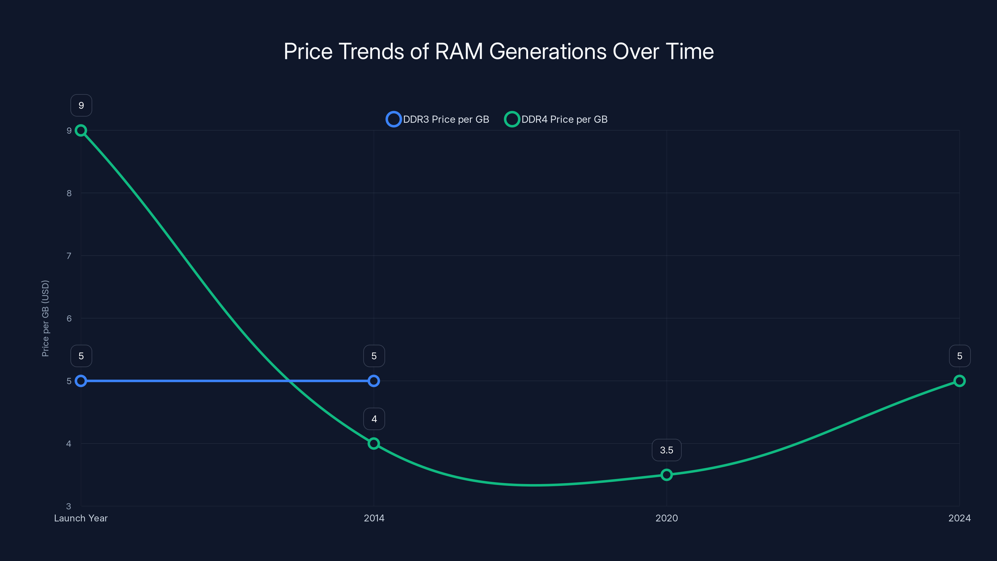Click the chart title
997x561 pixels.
coord(499,51)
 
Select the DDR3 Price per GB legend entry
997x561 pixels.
coord(438,119)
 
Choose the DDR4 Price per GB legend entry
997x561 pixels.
coord(556,119)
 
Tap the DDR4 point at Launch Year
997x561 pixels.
coord(81,131)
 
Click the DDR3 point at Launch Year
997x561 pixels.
coord(81,381)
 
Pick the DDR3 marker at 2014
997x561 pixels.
coord(374,381)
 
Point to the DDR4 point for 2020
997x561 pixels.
coord(666,475)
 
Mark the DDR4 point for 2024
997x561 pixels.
coord(960,381)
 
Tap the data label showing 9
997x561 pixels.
coord(81,105)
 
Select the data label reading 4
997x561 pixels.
coord(374,419)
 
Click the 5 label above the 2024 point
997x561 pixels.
coord(960,356)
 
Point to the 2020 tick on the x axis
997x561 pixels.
coord(666,518)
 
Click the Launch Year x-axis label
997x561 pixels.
coord(81,518)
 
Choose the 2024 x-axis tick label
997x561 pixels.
coord(960,518)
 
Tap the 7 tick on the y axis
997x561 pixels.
coord(69,256)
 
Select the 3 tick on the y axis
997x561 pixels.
coord(69,506)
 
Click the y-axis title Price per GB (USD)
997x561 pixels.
coord(45,318)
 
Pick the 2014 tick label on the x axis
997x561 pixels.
coord(374,518)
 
